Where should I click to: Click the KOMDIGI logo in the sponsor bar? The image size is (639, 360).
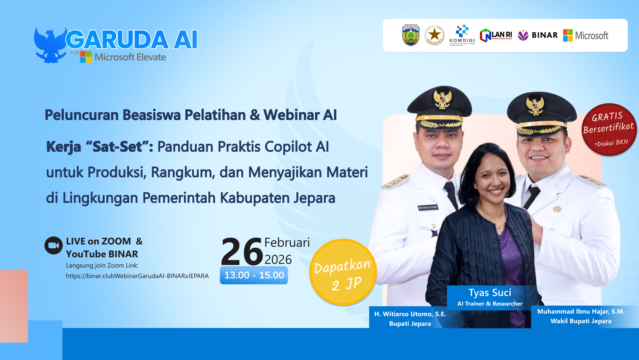point(462,35)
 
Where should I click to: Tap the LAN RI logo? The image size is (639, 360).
point(496,35)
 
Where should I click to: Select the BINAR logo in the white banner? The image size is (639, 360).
point(538,35)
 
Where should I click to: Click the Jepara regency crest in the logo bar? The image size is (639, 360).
point(411,35)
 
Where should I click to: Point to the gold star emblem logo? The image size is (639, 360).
point(434,35)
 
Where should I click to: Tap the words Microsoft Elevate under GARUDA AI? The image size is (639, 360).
point(130,57)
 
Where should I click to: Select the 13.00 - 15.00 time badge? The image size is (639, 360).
point(254,275)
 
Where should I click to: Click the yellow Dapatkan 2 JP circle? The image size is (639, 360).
point(343,272)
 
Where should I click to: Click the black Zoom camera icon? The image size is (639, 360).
point(53,245)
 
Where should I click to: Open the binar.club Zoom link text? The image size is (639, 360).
point(137,276)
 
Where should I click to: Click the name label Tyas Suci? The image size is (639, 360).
point(489,293)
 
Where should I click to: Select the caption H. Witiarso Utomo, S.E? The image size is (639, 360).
point(410,314)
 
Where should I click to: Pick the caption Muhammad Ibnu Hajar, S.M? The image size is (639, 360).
point(581,311)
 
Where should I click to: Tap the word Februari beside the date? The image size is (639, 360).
point(287,243)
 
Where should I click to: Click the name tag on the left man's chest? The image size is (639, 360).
point(428,208)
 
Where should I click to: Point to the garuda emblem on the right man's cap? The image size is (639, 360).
point(535,106)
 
